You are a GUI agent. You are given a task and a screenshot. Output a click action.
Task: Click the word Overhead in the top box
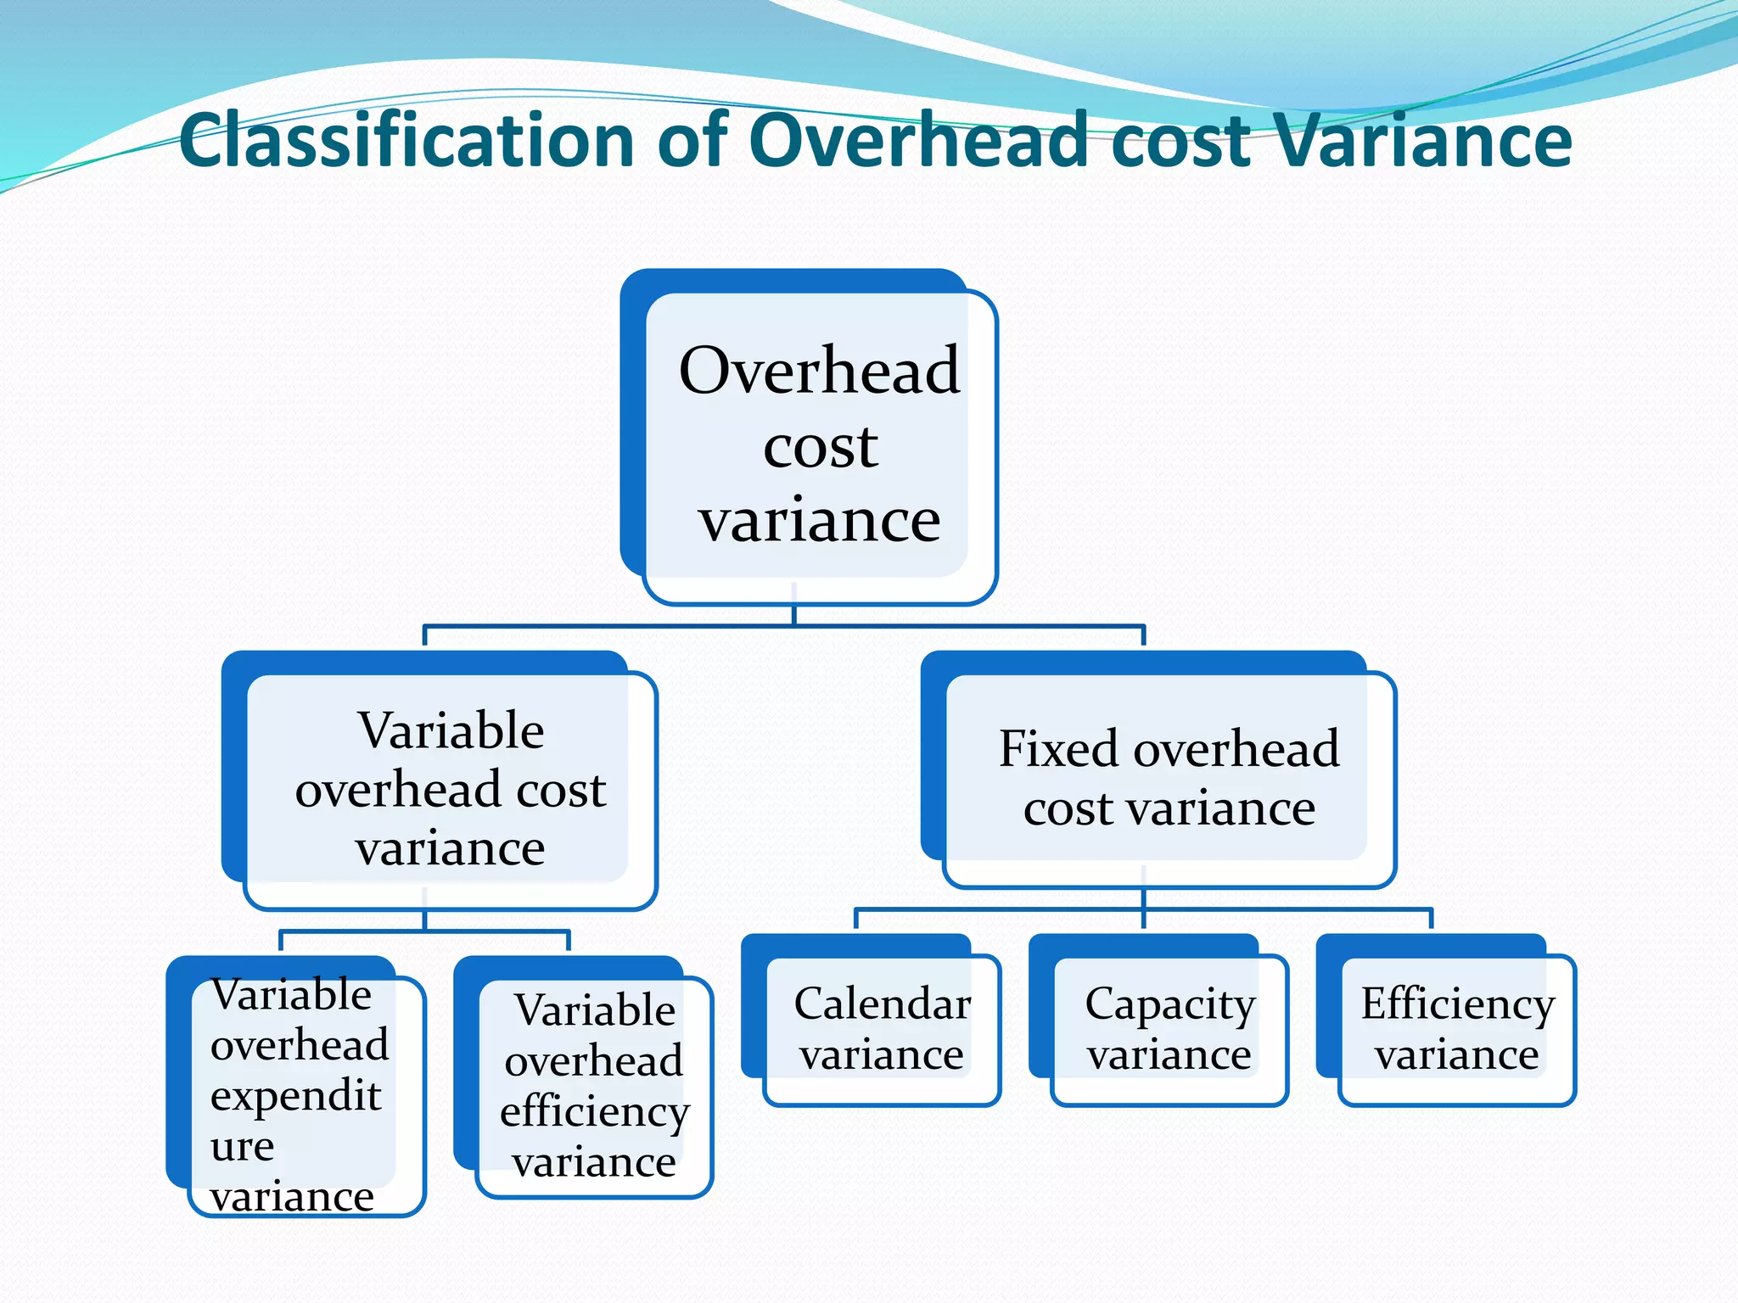pos(819,371)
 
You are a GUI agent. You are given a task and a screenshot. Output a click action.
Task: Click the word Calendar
pos(882,1004)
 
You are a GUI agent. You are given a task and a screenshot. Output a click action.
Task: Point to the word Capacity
pos(1169,1005)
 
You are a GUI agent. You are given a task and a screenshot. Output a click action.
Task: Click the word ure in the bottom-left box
pos(243,1147)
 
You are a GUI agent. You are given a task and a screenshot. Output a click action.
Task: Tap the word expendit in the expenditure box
pos(295,1096)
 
